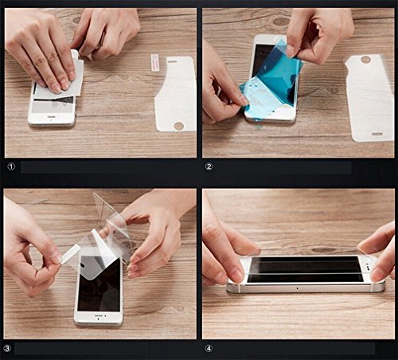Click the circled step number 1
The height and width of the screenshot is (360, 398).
pos(11,166)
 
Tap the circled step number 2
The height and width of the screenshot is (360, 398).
pos(209,166)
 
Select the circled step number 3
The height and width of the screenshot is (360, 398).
pos(7,348)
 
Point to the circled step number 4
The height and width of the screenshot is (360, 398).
pos(209,348)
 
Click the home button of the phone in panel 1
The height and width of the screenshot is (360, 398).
pos(51,117)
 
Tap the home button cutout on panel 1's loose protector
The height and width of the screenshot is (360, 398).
pos(178,126)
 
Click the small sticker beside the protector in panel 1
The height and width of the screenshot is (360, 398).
pos(154,63)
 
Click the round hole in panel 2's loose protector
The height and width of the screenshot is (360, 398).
pos(365,60)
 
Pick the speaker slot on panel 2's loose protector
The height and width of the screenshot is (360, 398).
pos(377,135)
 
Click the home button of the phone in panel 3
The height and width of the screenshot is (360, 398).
pos(98,316)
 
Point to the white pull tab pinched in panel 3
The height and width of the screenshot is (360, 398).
pos(70,254)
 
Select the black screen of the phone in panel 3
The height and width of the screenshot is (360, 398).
pos(99,285)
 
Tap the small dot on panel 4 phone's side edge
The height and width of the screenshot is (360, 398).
pos(297,288)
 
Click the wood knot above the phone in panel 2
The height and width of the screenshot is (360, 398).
pos(281,22)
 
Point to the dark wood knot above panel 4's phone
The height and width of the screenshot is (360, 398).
pos(324,250)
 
